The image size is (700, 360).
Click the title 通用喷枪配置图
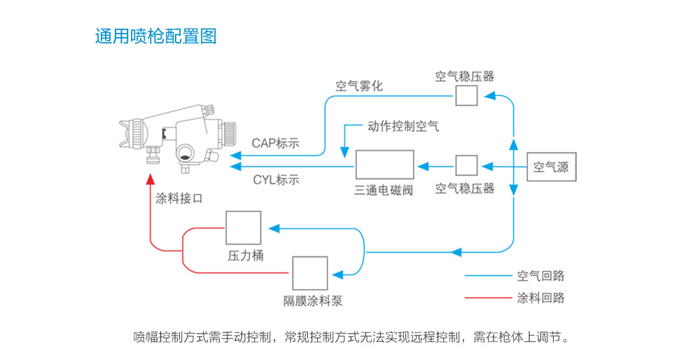pos(155,36)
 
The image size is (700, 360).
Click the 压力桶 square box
pos(243,228)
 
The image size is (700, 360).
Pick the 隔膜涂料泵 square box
pos(310,273)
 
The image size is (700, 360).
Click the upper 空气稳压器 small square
pos(466,95)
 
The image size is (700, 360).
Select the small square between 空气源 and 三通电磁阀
pos(466,165)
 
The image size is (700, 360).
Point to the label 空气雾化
pos(359,87)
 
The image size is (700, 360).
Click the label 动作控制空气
pos(404,127)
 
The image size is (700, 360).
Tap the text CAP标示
pos(275,144)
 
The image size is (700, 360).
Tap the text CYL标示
pos(276,180)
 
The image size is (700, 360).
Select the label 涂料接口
pos(179,199)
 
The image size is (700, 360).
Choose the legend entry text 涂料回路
pos(540,298)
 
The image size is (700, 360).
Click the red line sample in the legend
pos(488,298)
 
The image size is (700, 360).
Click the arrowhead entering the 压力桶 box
pos(274,228)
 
